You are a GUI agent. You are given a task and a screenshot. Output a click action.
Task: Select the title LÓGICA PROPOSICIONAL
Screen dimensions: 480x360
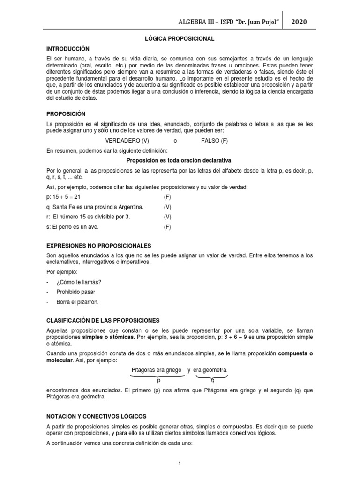click(x=180, y=38)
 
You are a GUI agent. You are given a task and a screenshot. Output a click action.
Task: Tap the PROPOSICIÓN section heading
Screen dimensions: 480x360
click(x=66, y=113)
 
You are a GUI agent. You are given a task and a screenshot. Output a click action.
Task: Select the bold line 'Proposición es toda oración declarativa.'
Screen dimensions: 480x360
click(x=180, y=160)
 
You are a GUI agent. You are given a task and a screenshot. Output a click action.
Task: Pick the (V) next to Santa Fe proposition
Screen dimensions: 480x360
click(x=168, y=207)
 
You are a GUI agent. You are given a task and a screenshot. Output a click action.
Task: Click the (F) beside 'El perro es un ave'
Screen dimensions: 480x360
click(x=168, y=227)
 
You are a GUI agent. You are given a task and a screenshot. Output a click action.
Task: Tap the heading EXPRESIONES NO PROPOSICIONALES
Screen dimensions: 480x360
click(x=98, y=246)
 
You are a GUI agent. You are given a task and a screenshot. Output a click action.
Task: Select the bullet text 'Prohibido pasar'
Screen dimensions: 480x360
click(x=75, y=292)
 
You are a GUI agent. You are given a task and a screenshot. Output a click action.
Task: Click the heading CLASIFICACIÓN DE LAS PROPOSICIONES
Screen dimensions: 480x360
click(x=103, y=320)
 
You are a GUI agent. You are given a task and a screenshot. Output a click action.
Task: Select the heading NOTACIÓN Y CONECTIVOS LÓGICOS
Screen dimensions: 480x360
click(x=96, y=416)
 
